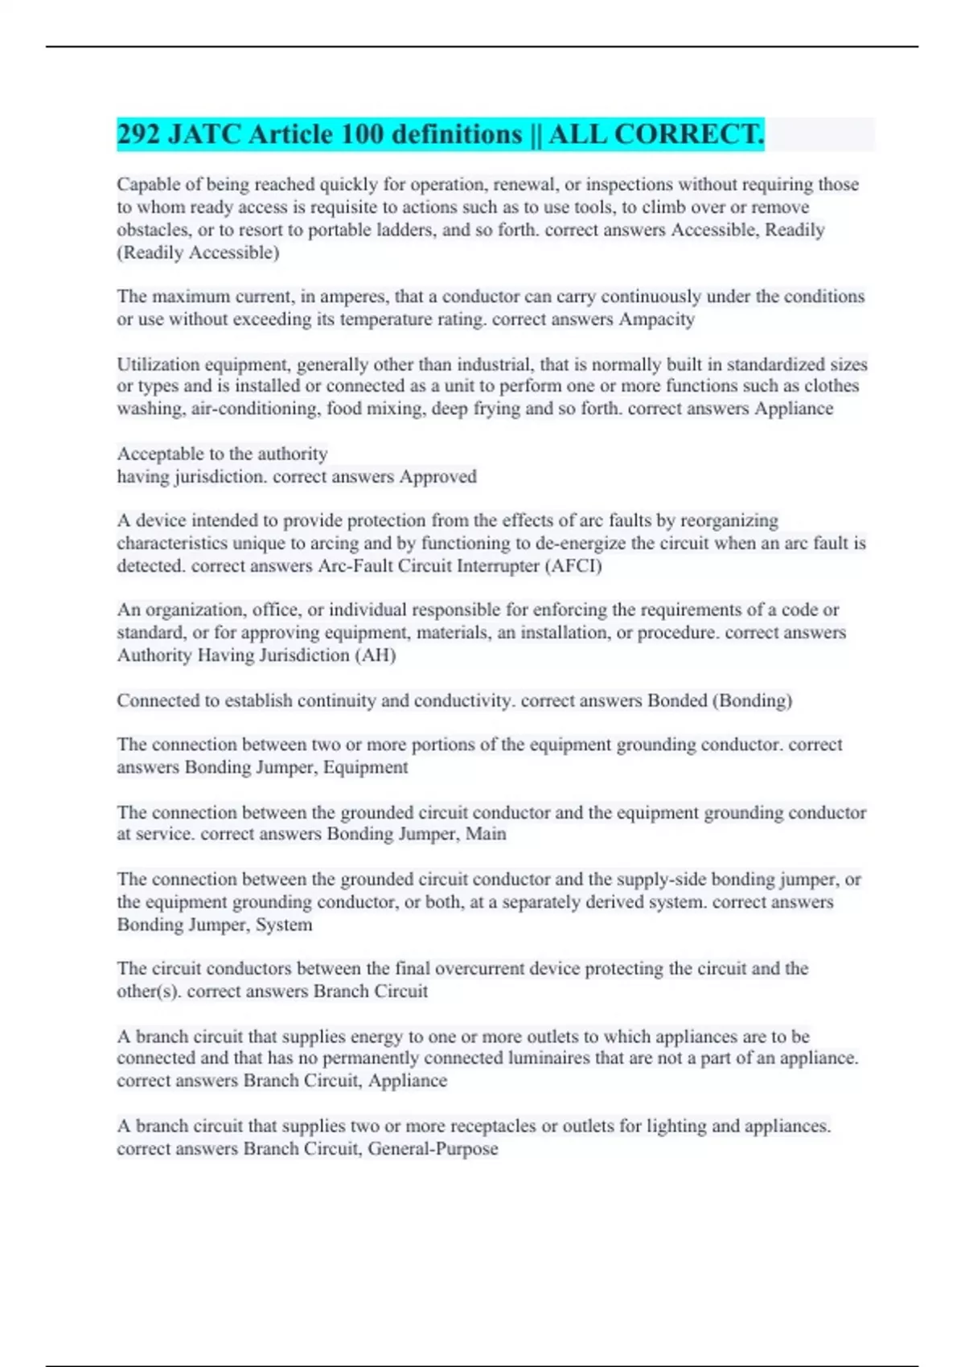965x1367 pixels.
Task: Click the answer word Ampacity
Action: click(656, 319)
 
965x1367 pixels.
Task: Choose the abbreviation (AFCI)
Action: click(573, 566)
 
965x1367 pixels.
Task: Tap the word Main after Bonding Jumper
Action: click(486, 834)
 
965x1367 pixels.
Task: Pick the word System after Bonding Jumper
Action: click(284, 925)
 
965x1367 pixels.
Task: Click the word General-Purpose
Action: click(433, 1149)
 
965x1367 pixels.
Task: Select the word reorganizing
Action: click(729, 520)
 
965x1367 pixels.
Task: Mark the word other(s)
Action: click(149, 991)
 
